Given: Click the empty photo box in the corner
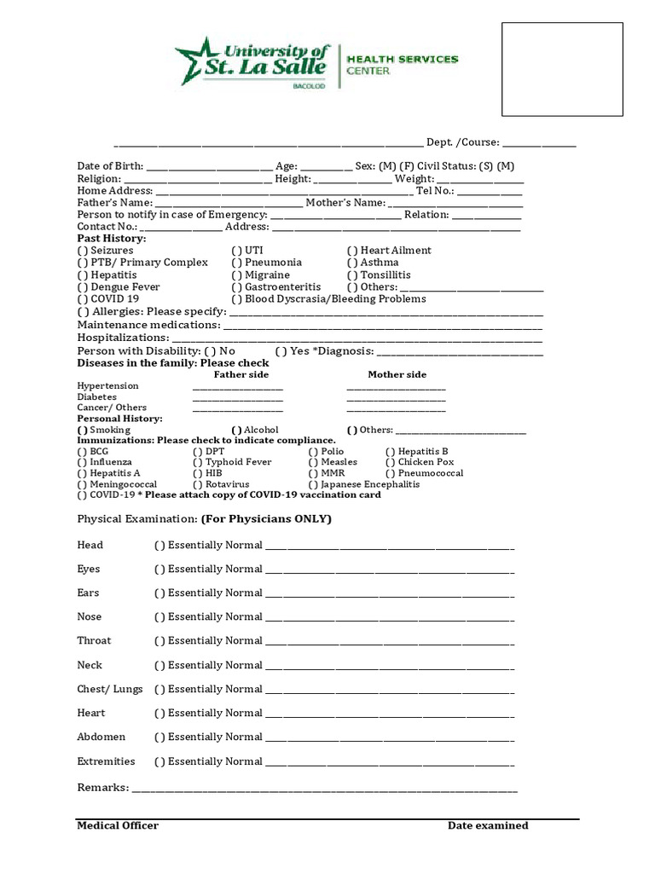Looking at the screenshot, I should pyautogui.click(x=561, y=69).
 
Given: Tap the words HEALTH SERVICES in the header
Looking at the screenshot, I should pyautogui.click(x=402, y=60).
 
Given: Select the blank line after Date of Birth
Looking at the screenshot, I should pyautogui.click(x=209, y=167).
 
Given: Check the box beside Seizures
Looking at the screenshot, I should pyautogui.click(x=82, y=251).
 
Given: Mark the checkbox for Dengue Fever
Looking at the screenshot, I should pyautogui.click(x=82, y=287).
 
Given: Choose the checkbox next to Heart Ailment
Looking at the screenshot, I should pyautogui.click(x=352, y=251).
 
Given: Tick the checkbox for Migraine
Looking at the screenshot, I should pyautogui.click(x=237, y=275).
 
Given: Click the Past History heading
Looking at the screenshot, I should pyautogui.click(x=112, y=239).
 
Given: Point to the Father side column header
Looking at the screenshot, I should pyautogui.click(x=241, y=374).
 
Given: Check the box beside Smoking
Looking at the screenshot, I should pyautogui.click(x=82, y=431).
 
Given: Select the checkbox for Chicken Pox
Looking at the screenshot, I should pyautogui.click(x=391, y=462).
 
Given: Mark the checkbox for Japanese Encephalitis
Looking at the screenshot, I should pyautogui.click(x=313, y=484).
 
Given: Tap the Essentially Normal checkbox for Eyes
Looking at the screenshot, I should pyautogui.click(x=159, y=569).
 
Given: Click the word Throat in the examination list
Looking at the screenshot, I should pyautogui.click(x=94, y=641).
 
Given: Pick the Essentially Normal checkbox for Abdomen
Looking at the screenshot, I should pyautogui.click(x=159, y=737).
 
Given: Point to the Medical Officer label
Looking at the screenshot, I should pyautogui.click(x=118, y=825).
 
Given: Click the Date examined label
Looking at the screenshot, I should pyautogui.click(x=488, y=825).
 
